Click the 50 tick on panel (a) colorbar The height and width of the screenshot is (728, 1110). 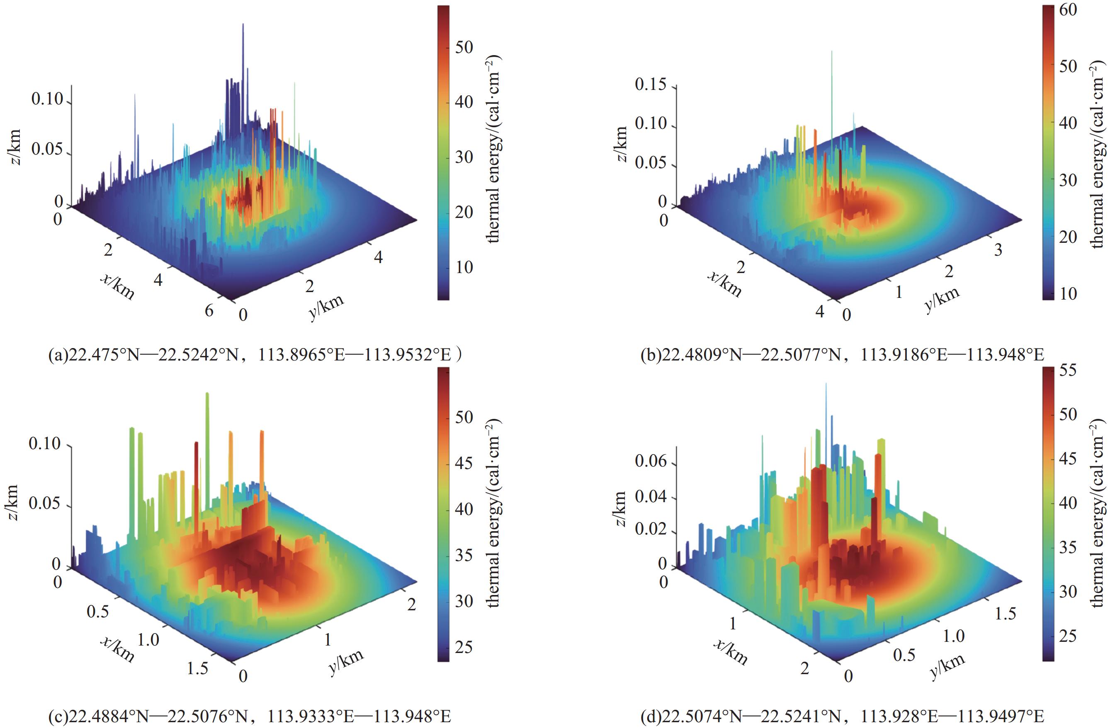click(464, 47)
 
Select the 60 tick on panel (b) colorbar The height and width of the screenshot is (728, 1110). click(1068, 9)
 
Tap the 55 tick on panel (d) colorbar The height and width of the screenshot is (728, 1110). click(1068, 370)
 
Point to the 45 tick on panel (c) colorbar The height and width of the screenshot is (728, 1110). click(464, 463)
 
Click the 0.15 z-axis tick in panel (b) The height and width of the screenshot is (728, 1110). click(650, 85)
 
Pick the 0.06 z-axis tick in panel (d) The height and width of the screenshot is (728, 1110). click(650, 462)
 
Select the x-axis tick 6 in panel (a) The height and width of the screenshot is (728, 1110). click(209, 310)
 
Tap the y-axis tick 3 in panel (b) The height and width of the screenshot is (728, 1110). click(998, 250)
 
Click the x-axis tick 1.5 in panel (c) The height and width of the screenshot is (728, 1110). click(198, 668)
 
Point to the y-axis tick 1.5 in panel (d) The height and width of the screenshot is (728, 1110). click(1005, 613)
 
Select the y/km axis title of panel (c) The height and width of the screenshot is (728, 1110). click(346, 662)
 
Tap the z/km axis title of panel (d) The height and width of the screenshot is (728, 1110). click(620, 508)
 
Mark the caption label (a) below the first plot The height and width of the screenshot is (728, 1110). click(58, 355)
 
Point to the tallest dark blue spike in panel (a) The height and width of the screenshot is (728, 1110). click(243, 26)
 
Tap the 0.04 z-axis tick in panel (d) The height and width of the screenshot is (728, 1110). click(650, 496)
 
